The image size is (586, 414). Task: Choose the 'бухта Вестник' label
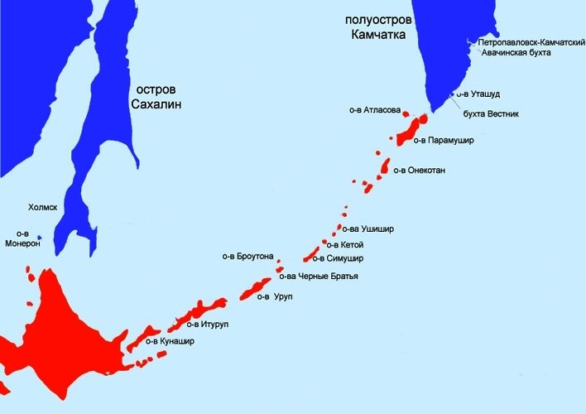(491, 113)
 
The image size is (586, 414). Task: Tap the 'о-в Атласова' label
(375, 109)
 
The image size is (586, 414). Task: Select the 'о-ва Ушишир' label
(372, 229)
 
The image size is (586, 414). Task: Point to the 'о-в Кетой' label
(345, 244)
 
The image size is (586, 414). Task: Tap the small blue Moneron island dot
(39, 238)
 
